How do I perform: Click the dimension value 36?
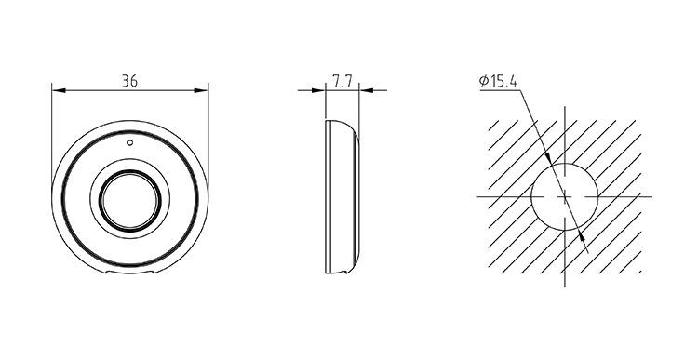pyautogui.click(x=129, y=81)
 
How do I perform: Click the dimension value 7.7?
pyautogui.click(x=342, y=81)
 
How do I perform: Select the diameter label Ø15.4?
pyautogui.click(x=498, y=81)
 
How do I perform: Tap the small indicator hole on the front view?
pyautogui.click(x=129, y=142)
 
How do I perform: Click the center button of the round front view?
pyautogui.click(x=129, y=200)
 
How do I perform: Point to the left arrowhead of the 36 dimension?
pyautogui.click(x=59, y=90)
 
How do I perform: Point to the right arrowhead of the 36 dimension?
pyautogui.click(x=201, y=90)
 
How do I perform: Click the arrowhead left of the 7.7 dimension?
pyautogui.click(x=318, y=90)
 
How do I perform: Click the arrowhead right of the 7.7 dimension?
pyautogui.click(x=366, y=90)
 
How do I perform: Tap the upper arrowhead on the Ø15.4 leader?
pyautogui.click(x=548, y=159)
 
